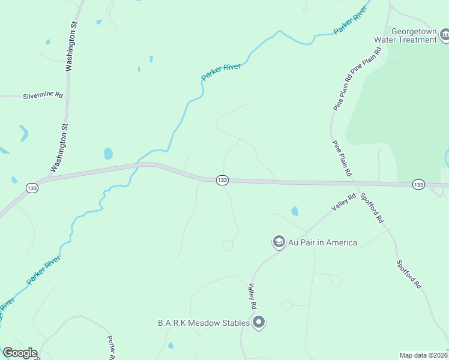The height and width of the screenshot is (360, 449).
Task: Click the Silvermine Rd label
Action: click(x=43, y=95)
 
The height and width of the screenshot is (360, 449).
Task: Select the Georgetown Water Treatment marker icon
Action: click(x=445, y=36)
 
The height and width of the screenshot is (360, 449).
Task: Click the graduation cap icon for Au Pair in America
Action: click(x=279, y=242)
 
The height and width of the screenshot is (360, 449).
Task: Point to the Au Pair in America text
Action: click(x=323, y=242)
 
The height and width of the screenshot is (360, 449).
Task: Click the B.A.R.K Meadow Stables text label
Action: click(x=203, y=323)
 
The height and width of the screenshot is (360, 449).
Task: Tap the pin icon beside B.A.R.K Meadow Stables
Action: click(x=259, y=323)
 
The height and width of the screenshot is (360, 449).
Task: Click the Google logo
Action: click(x=20, y=353)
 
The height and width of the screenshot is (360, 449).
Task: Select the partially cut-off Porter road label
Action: click(x=112, y=347)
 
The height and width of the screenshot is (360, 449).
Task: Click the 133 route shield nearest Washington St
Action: click(x=31, y=188)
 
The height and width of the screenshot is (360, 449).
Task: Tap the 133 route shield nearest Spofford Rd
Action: click(x=418, y=184)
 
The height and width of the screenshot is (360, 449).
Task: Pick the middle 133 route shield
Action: click(x=222, y=180)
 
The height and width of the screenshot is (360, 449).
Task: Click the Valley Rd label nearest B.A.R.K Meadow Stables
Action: click(x=252, y=296)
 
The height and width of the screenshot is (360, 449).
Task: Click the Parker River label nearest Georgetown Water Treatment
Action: click(x=350, y=22)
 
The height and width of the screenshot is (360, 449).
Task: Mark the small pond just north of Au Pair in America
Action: click(x=294, y=211)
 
